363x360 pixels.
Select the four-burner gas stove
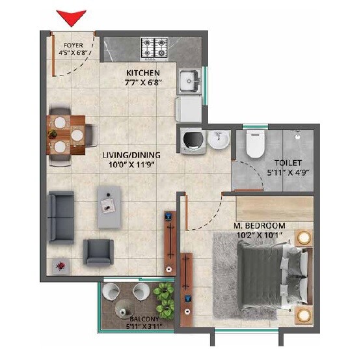[x=155, y=48]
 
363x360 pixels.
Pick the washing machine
[x=193, y=139]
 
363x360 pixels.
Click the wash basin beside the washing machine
[x=219, y=140]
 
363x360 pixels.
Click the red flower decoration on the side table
[x=60, y=266]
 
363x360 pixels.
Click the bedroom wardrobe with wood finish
[x=273, y=208]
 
